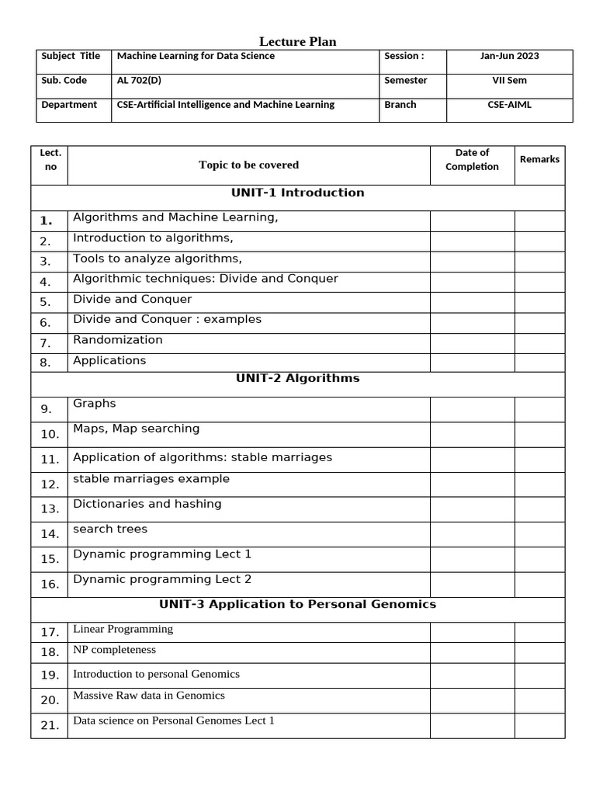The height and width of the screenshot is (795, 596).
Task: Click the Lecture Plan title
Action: pos(297,42)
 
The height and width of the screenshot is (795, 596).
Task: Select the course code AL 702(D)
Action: pos(139,81)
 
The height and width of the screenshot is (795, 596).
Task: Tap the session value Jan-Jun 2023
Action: pos(509,56)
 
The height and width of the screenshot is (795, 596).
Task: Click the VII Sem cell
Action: pos(509,81)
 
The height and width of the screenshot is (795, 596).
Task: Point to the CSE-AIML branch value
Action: pos(509,105)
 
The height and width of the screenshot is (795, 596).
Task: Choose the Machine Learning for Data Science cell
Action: pos(196,56)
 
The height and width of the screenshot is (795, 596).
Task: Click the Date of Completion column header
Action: pos(472,160)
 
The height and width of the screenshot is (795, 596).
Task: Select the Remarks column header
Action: pos(539,159)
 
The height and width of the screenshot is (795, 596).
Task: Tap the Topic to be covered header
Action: pos(248,165)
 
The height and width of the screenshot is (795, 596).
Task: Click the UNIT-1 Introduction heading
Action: pos(297,193)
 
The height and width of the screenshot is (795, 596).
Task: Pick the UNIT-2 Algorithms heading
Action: pos(297,379)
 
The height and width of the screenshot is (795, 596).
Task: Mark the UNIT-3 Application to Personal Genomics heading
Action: pos(297,604)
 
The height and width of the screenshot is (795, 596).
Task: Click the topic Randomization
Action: pos(118,340)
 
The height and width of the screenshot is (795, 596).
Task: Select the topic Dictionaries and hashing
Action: pos(147,504)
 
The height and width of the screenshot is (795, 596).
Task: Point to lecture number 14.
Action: pos(50,534)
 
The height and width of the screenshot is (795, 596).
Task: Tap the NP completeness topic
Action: pos(114,650)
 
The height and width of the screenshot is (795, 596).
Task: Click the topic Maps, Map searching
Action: pos(137,429)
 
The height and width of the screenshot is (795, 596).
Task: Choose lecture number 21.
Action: pos(50,726)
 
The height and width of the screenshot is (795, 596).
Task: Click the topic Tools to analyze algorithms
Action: pos(158,259)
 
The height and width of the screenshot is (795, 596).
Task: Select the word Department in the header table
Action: pos(69,105)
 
